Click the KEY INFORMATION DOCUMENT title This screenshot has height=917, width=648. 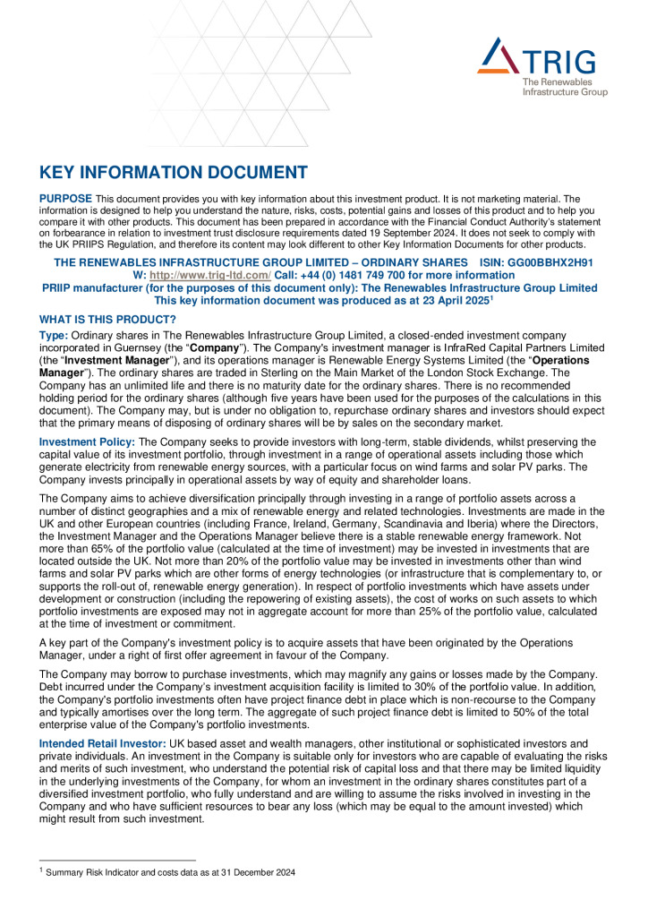(x=174, y=173)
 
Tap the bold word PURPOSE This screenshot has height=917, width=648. (x=65, y=198)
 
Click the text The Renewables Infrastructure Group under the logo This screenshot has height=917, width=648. (x=564, y=87)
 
